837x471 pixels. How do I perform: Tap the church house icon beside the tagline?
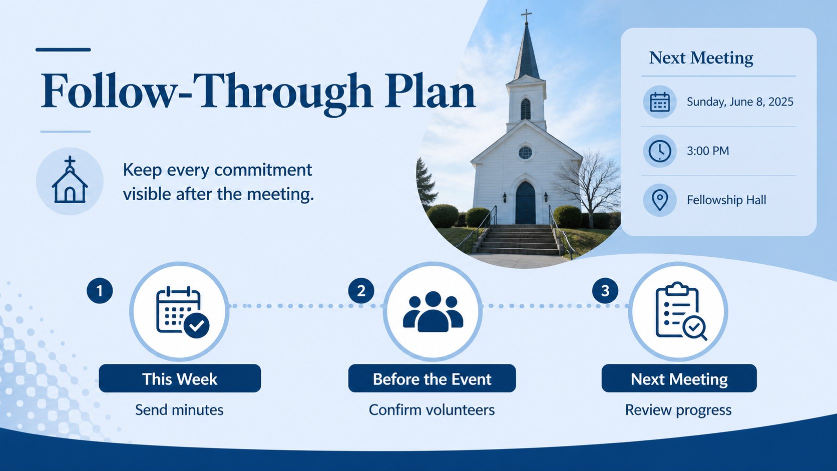(x=70, y=180)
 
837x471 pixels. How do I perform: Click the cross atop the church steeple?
(x=526, y=16)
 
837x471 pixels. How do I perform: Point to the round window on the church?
(x=525, y=152)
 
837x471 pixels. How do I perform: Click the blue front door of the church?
(x=525, y=203)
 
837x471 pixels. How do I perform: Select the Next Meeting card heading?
(x=701, y=58)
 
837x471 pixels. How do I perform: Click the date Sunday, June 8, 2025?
(x=740, y=102)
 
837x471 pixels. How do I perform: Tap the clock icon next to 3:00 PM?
(x=659, y=151)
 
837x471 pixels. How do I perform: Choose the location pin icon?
(x=659, y=200)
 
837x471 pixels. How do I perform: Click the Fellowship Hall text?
(x=726, y=200)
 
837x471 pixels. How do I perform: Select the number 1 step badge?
(x=100, y=291)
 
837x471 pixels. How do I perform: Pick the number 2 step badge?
(x=361, y=291)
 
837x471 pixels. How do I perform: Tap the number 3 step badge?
(x=605, y=291)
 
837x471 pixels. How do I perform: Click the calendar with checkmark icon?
(x=182, y=312)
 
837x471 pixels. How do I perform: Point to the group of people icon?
(x=433, y=311)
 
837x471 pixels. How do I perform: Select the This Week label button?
(x=180, y=378)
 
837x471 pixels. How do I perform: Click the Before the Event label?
(x=432, y=378)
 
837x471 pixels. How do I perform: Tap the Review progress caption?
(x=678, y=410)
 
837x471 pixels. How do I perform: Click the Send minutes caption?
(x=179, y=410)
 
